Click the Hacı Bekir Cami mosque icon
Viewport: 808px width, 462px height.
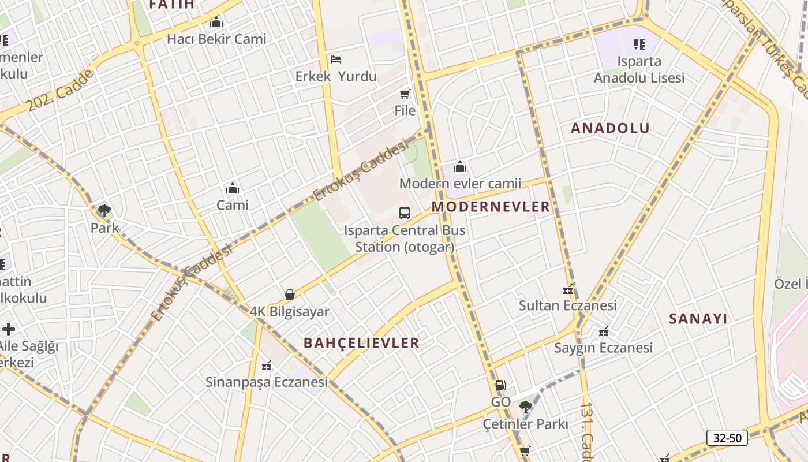(x=216, y=23)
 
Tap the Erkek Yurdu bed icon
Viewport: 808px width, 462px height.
(x=336, y=59)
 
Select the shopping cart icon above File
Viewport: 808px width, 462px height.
(x=405, y=94)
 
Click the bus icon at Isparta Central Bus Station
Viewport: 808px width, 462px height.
(x=405, y=213)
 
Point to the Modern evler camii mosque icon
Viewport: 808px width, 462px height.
(x=460, y=167)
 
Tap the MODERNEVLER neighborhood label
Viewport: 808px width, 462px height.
(x=491, y=207)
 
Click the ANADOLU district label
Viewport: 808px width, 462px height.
(x=610, y=128)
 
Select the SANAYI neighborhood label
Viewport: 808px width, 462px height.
(x=698, y=319)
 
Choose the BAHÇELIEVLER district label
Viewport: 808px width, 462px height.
(x=361, y=343)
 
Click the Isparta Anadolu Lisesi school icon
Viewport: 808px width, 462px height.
(x=639, y=44)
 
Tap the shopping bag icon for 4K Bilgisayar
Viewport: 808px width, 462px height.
(x=290, y=295)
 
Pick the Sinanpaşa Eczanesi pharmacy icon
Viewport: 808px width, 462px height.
(x=267, y=366)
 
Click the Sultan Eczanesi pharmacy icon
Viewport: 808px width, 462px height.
(x=568, y=289)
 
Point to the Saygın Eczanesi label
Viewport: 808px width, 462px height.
(x=603, y=348)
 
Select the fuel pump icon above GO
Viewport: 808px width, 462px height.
(x=500, y=385)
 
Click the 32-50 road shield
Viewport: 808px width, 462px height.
(x=727, y=438)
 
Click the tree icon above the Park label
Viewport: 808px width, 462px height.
(x=104, y=211)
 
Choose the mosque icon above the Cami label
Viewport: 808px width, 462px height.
(x=233, y=188)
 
